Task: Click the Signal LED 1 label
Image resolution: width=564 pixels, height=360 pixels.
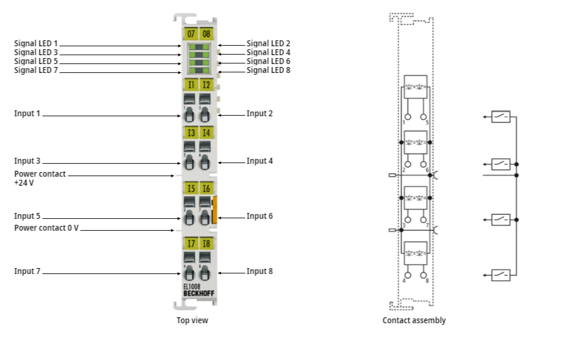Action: point(36,44)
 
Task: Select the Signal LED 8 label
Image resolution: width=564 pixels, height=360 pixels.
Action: point(268,70)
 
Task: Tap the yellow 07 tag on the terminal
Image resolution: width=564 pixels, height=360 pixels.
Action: point(191,34)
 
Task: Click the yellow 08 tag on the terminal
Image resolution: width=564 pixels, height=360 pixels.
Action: point(205,34)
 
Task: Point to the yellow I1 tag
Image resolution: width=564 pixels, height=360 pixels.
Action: point(191,85)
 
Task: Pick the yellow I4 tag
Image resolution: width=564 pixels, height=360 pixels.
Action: point(205,132)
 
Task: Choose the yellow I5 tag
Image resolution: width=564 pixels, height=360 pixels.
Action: point(191,189)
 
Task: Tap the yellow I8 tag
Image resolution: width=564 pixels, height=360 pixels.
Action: point(205,244)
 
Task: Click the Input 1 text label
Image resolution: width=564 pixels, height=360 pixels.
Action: point(27,113)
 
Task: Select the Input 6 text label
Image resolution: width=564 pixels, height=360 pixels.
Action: point(260,216)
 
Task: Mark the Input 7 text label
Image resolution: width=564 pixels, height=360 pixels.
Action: point(27,271)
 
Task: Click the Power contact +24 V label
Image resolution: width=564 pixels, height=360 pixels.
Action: point(40,179)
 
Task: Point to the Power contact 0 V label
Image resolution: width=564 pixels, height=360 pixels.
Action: point(46,228)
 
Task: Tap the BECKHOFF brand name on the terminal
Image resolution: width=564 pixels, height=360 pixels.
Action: point(198,293)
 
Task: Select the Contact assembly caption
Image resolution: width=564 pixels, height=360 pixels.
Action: point(414,320)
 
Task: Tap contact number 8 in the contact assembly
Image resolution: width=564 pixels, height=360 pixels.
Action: point(426,281)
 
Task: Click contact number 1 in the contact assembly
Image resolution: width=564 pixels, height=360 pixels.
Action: point(404,122)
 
